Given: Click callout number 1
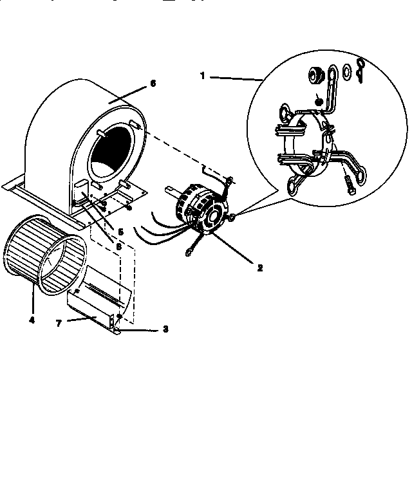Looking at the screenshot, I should (x=203, y=75).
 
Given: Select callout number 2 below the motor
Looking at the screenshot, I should (x=259, y=268).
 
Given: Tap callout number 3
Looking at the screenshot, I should (x=165, y=329).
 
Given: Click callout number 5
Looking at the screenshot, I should (x=121, y=230).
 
